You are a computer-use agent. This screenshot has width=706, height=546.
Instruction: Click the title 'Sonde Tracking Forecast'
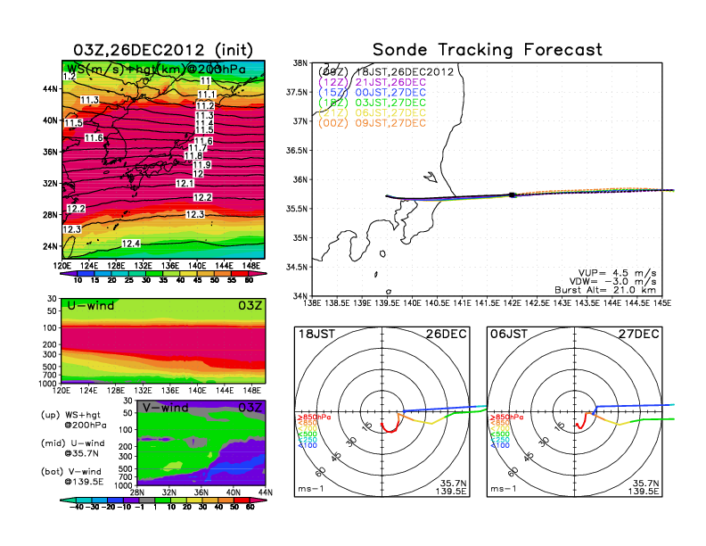point(487,50)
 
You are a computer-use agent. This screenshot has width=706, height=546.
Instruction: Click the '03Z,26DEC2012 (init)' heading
point(160,50)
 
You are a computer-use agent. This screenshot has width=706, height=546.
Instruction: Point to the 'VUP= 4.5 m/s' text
point(621,268)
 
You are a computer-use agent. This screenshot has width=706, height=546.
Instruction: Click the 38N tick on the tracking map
point(301,63)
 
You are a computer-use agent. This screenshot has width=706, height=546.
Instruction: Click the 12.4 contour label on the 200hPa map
point(131,244)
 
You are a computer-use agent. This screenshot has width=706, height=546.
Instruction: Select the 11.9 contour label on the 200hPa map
point(201,165)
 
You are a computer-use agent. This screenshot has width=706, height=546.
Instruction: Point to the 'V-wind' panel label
point(166,408)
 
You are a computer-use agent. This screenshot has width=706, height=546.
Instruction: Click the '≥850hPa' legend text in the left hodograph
point(314,417)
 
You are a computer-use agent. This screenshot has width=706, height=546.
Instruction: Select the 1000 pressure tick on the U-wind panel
point(48,383)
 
